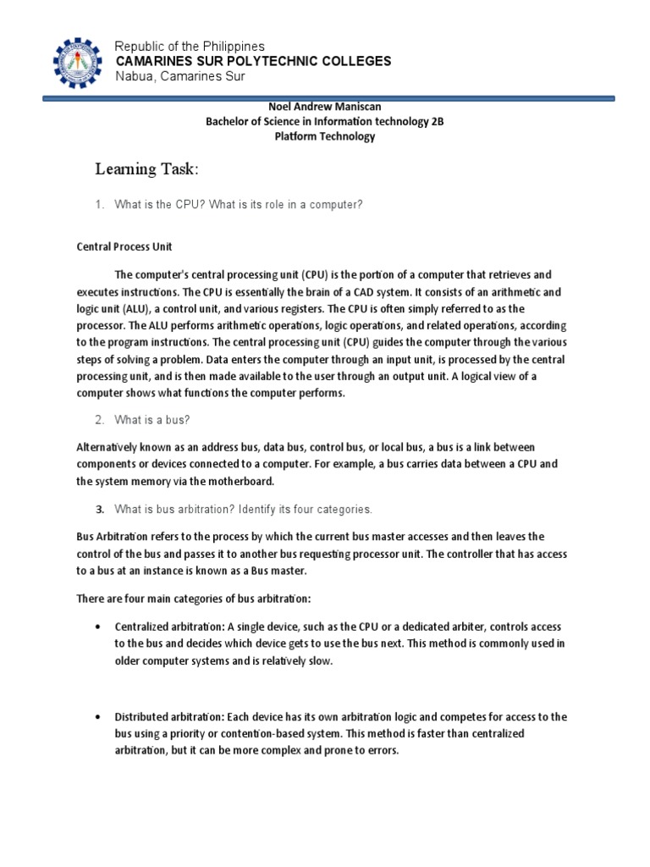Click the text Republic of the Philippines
(x=190, y=46)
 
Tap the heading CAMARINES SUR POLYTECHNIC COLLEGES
(x=253, y=61)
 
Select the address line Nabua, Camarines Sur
(x=179, y=77)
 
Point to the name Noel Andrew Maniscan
(x=325, y=106)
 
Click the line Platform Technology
(x=325, y=136)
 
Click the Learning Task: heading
(x=147, y=170)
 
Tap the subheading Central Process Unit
(x=124, y=246)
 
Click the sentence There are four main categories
(x=194, y=599)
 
